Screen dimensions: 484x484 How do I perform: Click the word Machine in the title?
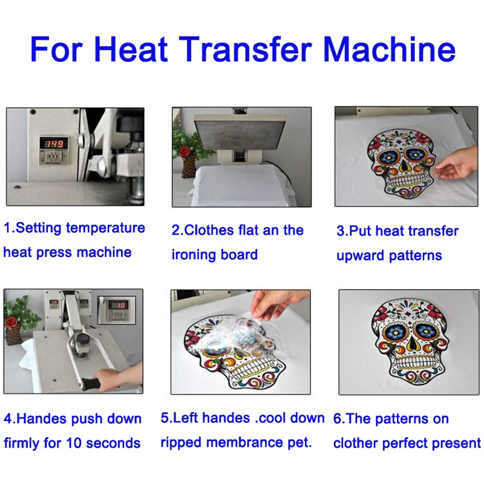[389, 50]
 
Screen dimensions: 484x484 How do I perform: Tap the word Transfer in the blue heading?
[246, 50]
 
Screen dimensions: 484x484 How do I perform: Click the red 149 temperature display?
[54, 144]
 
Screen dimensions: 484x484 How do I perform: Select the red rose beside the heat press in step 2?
[185, 152]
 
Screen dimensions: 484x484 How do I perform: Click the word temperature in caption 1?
[105, 229]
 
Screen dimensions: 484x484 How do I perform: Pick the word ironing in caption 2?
[189, 255]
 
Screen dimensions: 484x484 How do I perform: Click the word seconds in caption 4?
[113, 443]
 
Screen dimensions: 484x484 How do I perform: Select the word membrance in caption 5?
[245, 443]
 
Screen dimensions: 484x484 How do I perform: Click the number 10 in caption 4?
[73, 443]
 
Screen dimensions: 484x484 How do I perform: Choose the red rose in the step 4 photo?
[11, 322]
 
